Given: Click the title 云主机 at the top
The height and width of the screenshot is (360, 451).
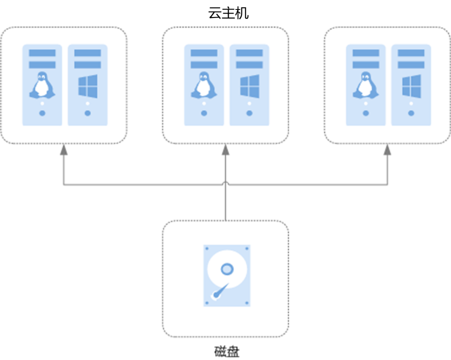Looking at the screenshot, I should [228, 13].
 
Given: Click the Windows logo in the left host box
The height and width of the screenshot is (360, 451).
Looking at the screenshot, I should [87, 86].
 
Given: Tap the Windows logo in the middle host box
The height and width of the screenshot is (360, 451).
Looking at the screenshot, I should [249, 86].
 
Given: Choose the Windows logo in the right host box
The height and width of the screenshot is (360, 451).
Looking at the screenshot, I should [411, 86].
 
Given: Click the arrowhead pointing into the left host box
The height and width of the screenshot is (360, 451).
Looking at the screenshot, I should [63, 150].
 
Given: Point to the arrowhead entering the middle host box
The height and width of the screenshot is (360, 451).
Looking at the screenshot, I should [225, 150].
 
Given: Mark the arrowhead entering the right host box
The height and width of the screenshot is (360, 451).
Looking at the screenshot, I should [387, 150].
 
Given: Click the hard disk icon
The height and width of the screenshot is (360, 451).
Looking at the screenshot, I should [226, 275].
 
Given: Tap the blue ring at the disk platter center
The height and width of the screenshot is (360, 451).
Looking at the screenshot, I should [227, 269].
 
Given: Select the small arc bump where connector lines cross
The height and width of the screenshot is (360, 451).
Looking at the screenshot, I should [225, 183].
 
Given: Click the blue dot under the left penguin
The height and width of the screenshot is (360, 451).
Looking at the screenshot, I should [42, 113].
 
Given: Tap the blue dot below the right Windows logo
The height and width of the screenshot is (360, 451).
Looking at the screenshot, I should [411, 113].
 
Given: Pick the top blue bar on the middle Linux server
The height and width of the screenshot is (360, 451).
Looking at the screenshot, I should [204, 53].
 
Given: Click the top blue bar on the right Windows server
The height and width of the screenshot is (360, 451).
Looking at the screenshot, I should [411, 53].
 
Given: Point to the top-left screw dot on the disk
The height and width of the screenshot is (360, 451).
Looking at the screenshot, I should [207, 248].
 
